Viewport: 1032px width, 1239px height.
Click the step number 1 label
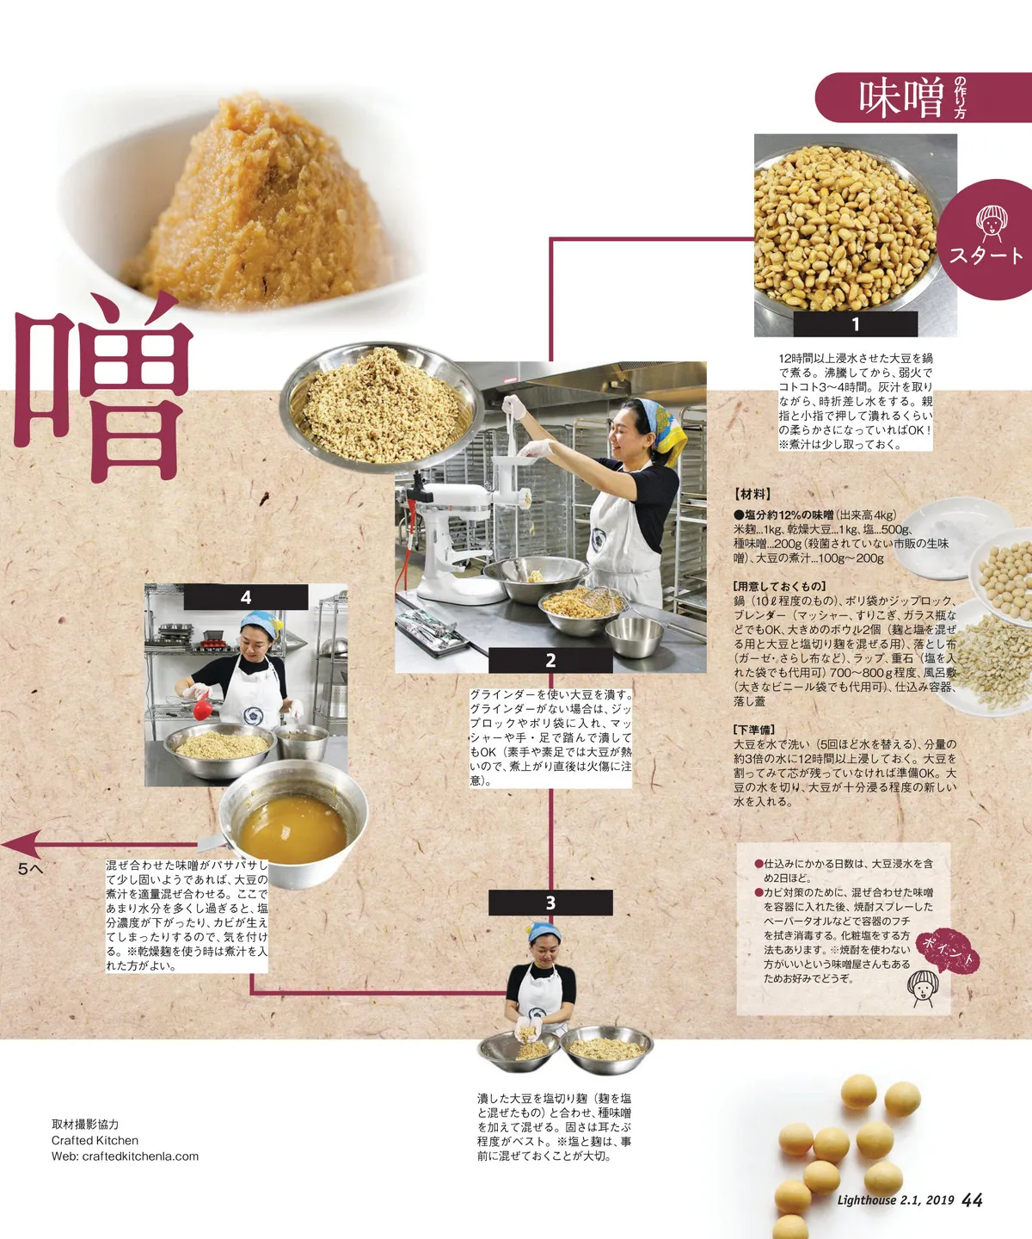pyautogui.click(x=855, y=324)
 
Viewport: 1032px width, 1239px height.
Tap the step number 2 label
pyautogui.click(x=550, y=660)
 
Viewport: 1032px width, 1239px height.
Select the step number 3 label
pyautogui.click(x=550, y=903)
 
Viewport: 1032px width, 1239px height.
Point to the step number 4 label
pyautogui.click(x=246, y=597)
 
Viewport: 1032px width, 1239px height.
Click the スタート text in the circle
pyautogui.click(x=986, y=256)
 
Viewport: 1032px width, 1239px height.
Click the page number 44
pyautogui.click(x=972, y=1200)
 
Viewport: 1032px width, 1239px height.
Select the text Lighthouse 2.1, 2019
pyautogui.click(x=895, y=1200)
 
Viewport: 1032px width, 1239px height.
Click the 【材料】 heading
pyautogui.click(x=752, y=494)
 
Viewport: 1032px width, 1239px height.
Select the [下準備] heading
pyautogui.click(x=754, y=730)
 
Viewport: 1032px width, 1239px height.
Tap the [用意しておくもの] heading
pyautogui.click(x=780, y=586)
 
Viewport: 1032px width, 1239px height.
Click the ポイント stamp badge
pyautogui.click(x=947, y=952)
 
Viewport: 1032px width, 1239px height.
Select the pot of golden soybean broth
pyautogui.click(x=293, y=823)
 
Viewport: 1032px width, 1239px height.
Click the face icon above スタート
pyautogui.click(x=989, y=224)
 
